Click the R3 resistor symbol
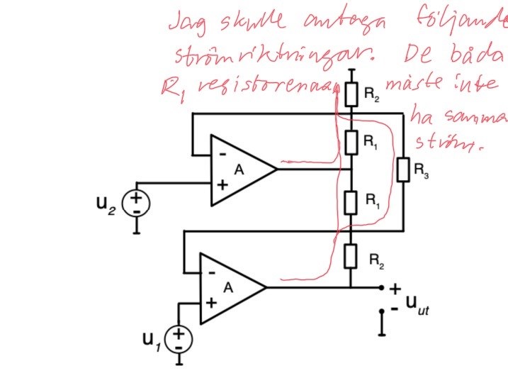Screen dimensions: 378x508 point(402,170)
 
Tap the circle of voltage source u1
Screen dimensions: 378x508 point(179,338)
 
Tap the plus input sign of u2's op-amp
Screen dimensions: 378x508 point(221,186)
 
